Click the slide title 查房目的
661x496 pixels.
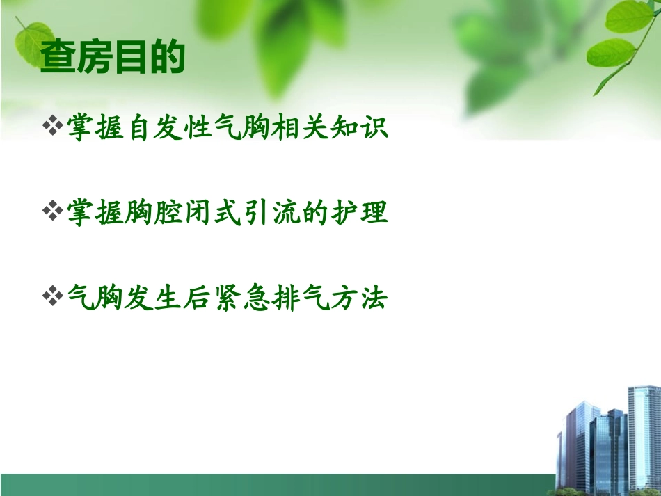pos(113,58)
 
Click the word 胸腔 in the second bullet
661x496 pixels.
pos(147,213)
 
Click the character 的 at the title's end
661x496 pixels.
pos(168,58)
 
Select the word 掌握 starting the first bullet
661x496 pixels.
pos(95,129)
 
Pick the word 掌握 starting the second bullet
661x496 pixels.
pos(95,213)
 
